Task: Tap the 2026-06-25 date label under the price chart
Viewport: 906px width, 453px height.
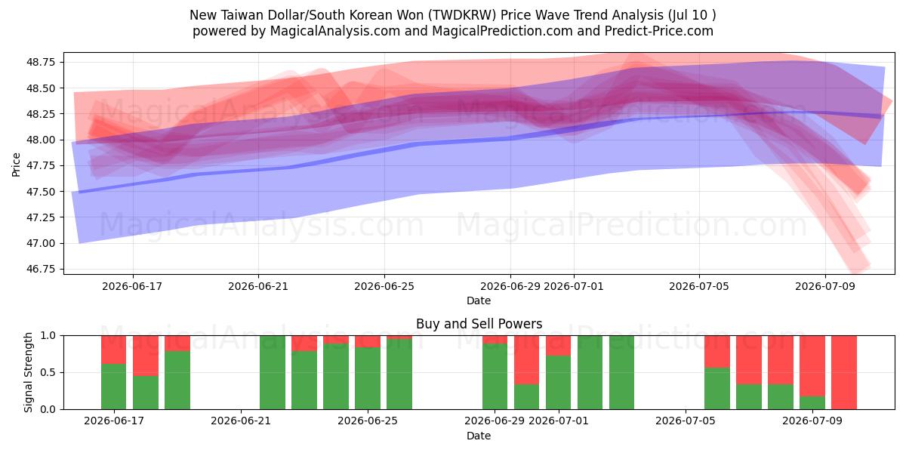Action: pyautogui.click(x=384, y=286)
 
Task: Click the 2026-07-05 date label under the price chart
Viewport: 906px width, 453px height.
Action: pyautogui.click(x=699, y=286)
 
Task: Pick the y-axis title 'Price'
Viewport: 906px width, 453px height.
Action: pyautogui.click(x=16, y=165)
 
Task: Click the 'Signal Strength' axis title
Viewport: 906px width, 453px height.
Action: pyautogui.click(x=28, y=372)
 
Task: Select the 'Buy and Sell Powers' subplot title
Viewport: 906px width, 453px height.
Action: pyautogui.click(x=479, y=324)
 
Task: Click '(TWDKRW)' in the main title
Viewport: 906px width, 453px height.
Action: pyautogui.click(x=462, y=15)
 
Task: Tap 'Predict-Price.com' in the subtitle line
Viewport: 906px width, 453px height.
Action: pyautogui.click(x=659, y=31)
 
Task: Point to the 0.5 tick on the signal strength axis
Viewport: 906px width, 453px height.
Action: pyautogui.click(x=48, y=372)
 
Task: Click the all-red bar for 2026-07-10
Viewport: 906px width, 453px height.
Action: pyautogui.click(x=844, y=372)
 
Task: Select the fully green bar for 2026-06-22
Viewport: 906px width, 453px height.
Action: pyautogui.click(x=273, y=372)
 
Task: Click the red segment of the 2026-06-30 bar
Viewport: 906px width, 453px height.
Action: pyautogui.click(x=526, y=360)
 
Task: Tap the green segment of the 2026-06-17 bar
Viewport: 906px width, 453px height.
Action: pyautogui.click(x=114, y=387)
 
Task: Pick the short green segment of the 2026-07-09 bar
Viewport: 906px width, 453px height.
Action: pyautogui.click(x=812, y=403)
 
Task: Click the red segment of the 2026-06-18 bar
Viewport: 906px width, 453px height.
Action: pyautogui.click(x=146, y=356)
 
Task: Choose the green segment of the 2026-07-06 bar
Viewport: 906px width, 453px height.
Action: pyautogui.click(x=717, y=388)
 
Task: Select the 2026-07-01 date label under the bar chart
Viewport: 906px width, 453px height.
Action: pyautogui.click(x=559, y=421)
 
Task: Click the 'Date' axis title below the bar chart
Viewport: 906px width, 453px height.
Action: pyautogui.click(x=479, y=436)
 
